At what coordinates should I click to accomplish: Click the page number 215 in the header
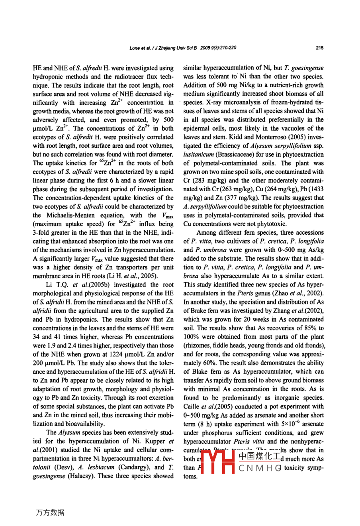pyautogui.click(x=319, y=48)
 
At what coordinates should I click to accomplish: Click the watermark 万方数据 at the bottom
pyautogui.click(x=50, y=512)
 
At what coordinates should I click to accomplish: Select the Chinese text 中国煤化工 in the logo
pyautogui.click(x=259, y=456)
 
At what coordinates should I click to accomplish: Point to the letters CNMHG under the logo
pyautogui.click(x=260, y=468)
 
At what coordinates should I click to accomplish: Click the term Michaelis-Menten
pyautogui.click(x=68, y=216)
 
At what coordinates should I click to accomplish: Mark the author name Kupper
pyautogui.click(x=157, y=441)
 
